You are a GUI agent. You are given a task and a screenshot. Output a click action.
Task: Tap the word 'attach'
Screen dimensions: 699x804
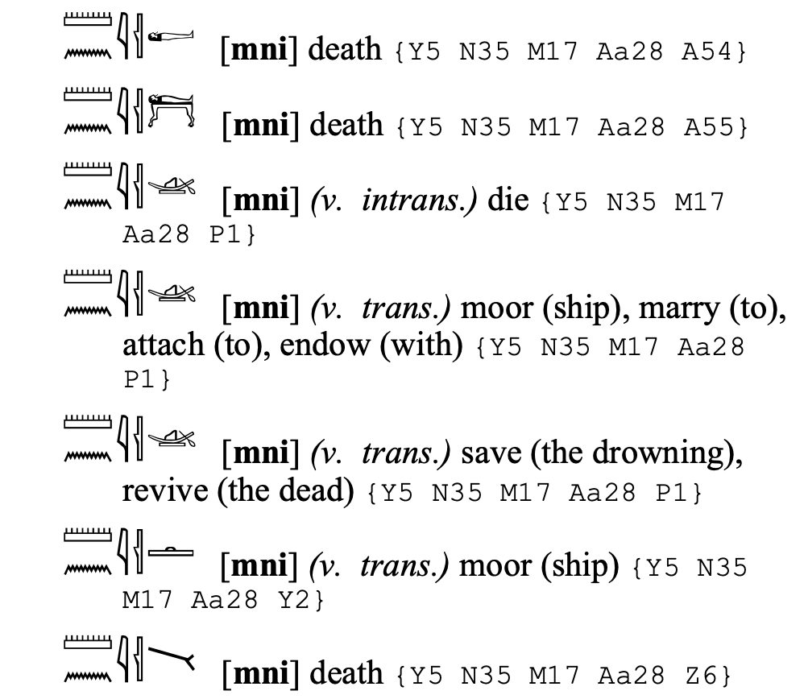(162, 345)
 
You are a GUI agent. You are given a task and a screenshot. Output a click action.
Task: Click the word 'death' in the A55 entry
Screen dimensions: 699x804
(346, 125)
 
